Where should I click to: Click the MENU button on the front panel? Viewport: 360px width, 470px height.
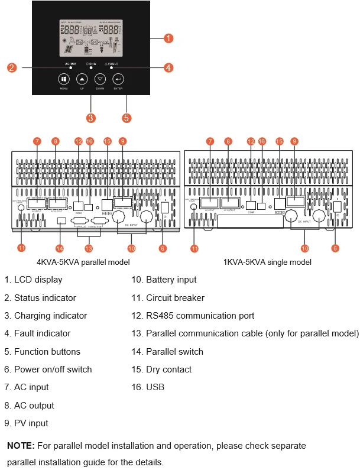pyautogui.click(x=64, y=79)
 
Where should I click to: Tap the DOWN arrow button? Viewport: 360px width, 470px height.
pyautogui.click(x=100, y=79)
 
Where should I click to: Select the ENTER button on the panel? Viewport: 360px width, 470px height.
pyautogui.click(x=118, y=79)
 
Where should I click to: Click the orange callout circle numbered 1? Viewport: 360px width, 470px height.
pyautogui.click(x=168, y=38)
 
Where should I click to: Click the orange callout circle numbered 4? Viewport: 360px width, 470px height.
pyautogui.click(x=168, y=68)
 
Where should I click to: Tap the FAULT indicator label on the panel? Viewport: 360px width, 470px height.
pyautogui.click(x=111, y=63)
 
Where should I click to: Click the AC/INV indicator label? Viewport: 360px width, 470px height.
pyautogui.click(x=70, y=63)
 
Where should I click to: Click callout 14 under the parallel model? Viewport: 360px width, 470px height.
pyautogui.click(x=59, y=248)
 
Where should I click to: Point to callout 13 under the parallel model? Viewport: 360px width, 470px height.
pyautogui.click(x=89, y=248)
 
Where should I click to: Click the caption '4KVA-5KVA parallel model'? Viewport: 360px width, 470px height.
pyautogui.click(x=83, y=262)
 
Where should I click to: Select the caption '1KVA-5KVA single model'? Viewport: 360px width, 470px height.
pyautogui.click(x=268, y=262)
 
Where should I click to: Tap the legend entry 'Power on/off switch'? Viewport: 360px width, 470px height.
pyautogui.click(x=48, y=369)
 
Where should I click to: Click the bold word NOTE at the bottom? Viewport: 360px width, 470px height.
pyautogui.click(x=21, y=445)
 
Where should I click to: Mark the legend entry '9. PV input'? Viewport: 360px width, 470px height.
pyautogui.click(x=27, y=423)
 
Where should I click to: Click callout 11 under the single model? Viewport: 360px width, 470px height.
pyautogui.click(x=194, y=248)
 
